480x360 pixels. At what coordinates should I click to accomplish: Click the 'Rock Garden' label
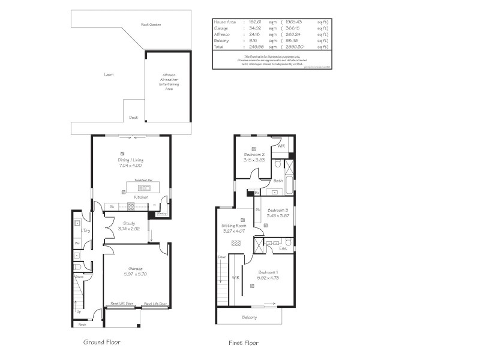pyautogui.click(x=151, y=25)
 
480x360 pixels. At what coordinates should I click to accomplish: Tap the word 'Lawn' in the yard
pyautogui.click(x=109, y=74)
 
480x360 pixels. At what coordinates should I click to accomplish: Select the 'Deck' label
pyautogui.click(x=133, y=118)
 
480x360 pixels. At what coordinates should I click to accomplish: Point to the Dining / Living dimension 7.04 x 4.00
pyautogui.click(x=130, y=166)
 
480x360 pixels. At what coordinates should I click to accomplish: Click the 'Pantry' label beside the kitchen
pyautogui.click(x=162, y=213)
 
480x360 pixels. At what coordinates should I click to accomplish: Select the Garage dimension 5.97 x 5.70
pyautogui.click(x=135, y=274)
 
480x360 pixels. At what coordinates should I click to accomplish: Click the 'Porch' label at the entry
pyautogui.click(x=82, y=324)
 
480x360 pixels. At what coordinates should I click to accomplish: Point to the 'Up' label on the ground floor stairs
pyautogui.click(x=79, y=311)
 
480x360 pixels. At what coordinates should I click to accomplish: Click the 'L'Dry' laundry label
pyautogui.click(x=86, y=230)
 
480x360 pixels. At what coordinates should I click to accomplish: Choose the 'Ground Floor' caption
pyautogui.click(x=101, y=342)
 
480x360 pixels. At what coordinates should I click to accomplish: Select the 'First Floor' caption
pyautogui.click(x=244, y=343)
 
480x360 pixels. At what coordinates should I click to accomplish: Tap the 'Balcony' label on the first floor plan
pyautogui.click(x=249, y=317)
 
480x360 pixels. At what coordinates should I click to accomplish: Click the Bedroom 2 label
pyautogui.click(x=255, y=155)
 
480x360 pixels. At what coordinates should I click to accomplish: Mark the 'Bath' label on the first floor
pyautogui.click(x=278, y=181)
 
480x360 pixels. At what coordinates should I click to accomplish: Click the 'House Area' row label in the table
pyautogui.click(x=225, y=22)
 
